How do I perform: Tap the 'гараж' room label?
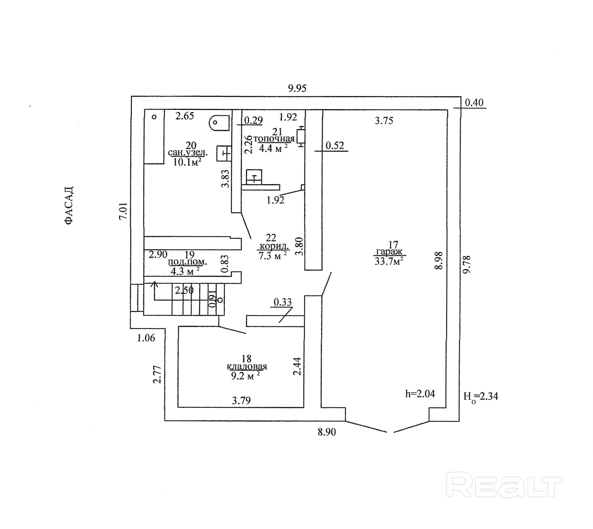point(389,252)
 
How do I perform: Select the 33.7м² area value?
point(389,261)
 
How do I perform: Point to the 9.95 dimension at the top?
point(297,88)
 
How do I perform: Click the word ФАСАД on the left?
point(69,205)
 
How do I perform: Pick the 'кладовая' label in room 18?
point(247,366)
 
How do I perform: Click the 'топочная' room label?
point(274,139)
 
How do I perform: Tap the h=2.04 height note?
point(420,394)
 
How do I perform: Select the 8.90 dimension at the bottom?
point(326,432)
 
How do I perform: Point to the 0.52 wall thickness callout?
point(334,145)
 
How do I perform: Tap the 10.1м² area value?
point(187,162)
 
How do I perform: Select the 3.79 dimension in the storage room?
point(241,401)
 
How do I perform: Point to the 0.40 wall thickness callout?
point(474,103)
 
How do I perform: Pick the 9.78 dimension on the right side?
point(466,265)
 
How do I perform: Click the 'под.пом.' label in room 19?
point(188,262)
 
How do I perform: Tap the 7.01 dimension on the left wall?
point(123,211)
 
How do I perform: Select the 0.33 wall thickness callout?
point(283,302)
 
